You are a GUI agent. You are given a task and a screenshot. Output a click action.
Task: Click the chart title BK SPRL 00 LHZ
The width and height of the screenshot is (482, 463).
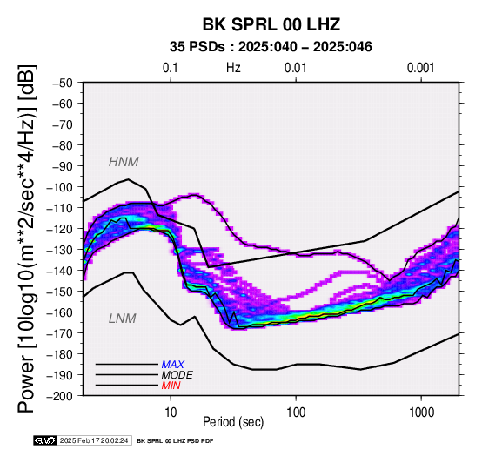(x=271, y=24)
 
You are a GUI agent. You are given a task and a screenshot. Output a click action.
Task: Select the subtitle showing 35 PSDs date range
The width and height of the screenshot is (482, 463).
(x=271, y=47)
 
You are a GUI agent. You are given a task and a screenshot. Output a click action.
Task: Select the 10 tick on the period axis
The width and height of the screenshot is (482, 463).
(x=171, y=413)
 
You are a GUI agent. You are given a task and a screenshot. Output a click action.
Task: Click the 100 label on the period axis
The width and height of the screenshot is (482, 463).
(x=296, y=413)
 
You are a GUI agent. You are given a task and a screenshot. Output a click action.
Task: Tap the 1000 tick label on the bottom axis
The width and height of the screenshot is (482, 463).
(x=421, y=413)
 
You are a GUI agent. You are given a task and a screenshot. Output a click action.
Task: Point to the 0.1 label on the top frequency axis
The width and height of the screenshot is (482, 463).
(x=171, y=68)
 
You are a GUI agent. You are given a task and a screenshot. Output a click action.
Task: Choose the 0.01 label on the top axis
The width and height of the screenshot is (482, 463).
(x=296, y=68)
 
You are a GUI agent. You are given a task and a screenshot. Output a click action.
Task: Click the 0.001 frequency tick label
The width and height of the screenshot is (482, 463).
(x=421, y=68)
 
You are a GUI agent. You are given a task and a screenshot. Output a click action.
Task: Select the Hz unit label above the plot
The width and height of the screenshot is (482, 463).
(x=233, y=68)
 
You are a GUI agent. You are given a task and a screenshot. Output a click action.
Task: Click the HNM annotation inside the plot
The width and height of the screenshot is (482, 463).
(x=124, y=162)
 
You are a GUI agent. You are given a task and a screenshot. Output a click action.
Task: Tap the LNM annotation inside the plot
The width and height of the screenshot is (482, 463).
(x=123, y=319)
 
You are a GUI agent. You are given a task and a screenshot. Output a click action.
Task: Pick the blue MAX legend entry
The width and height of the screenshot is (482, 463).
(x=173, y=365)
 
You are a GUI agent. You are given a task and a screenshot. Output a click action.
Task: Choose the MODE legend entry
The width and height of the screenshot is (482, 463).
(x=177, y=375)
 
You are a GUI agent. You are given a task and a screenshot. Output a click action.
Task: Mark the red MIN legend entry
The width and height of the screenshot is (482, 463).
(x=171, y=386)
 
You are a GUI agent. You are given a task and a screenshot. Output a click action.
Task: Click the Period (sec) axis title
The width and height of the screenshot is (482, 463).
(x=233, y=422)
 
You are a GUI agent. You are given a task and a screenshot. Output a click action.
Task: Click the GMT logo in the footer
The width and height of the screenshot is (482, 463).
(x=45, y=440)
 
